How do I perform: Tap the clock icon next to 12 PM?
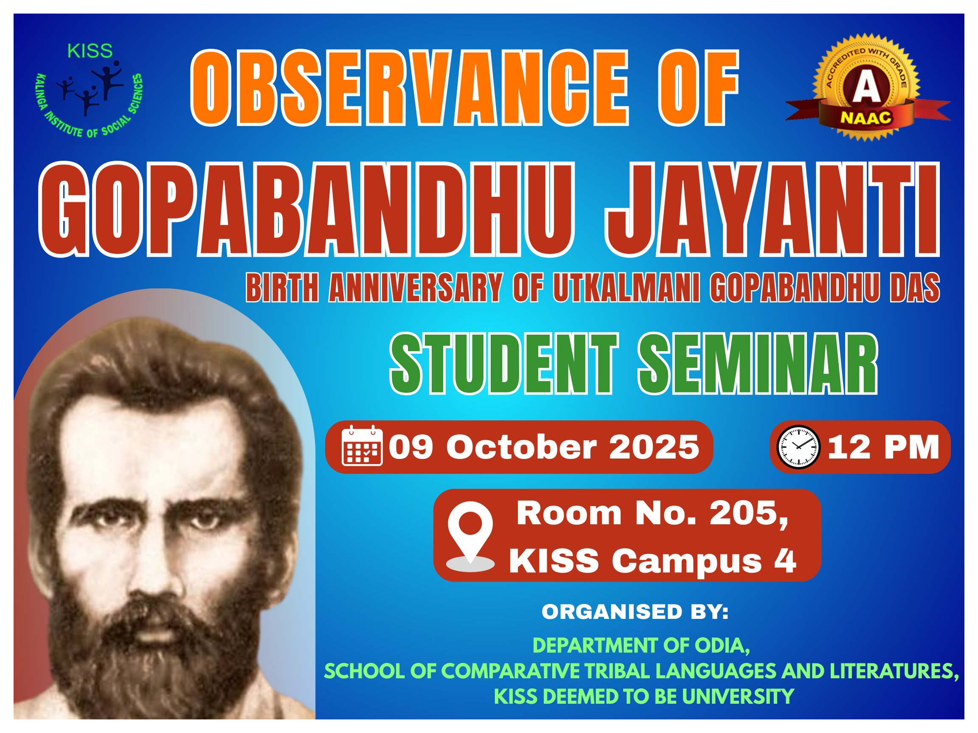click(x=798, y=447)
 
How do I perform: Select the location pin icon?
click(x=470, y=536)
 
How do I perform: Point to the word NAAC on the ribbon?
click(x=866, y=118)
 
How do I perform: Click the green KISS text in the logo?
click(x=90, y=51)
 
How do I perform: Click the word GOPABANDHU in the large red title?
click(x=307, y=209)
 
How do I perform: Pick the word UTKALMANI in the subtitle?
click(x=627, y=288)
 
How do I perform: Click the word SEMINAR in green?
click(x=758, y=363)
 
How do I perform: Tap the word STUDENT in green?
click(x=503, y=363)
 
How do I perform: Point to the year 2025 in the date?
click(x=655, y=447)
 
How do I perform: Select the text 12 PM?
click(x=883, y=447)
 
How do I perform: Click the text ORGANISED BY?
click(x=635, y=612)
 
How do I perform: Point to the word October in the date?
click(x=522, y=447)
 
